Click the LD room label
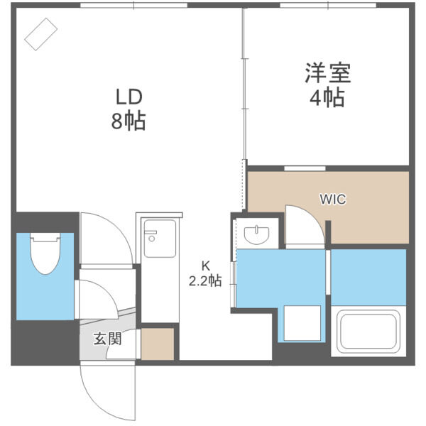click(129, 96)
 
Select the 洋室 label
click(327, 73)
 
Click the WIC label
click(332, 200)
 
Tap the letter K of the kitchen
click(205, 266)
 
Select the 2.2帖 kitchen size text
click(205, 281)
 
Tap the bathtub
click(368, 332)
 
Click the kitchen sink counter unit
click(159, 239)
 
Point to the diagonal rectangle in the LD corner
click(40, 33)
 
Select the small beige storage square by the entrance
click(158, 344)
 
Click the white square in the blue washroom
click(301, 324)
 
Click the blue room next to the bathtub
click(368, 277)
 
